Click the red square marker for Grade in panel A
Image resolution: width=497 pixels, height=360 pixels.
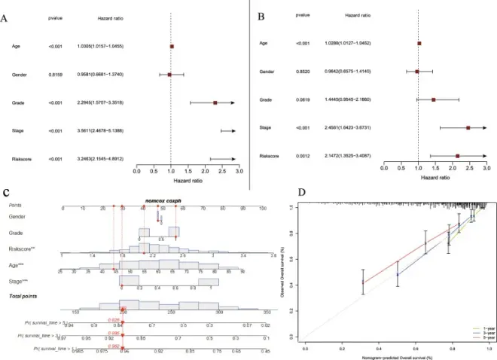pos(215,102)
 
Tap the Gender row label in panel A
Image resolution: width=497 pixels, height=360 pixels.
pos(20,74)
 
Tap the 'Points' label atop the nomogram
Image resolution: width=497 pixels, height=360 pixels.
pos(16,205)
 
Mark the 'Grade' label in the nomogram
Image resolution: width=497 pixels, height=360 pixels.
pos(17,233)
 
